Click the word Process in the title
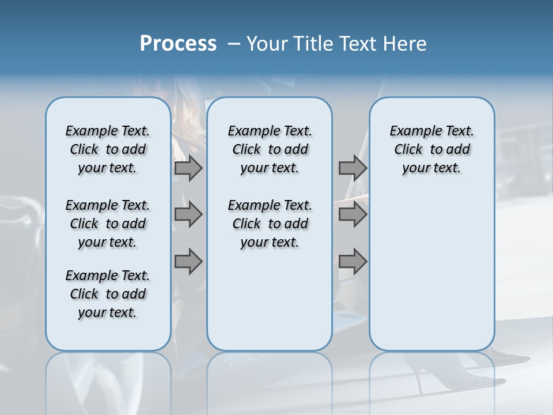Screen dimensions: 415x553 (x=178, y=44)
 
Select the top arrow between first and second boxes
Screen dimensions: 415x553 (x=188, y=168)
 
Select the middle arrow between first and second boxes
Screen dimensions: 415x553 (x=188, y=214)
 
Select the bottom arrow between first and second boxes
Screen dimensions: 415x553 (x=188, y=261)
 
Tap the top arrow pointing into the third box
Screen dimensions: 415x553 (x=353, y=168)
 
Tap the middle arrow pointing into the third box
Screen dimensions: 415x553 (x=353, y=214)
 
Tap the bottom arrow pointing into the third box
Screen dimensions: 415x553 (x=353, y=261)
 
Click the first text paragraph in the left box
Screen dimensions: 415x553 (x=108, y=149)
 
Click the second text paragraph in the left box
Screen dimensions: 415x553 (x=108, y=224)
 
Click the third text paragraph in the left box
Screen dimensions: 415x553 (x=108, y=294)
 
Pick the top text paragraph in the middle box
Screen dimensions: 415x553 (x=270, y=149)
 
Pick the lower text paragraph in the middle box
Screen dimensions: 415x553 (x=270, y=224)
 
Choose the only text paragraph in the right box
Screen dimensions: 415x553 (x=431, y=149)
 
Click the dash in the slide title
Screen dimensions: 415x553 (x=234, y=44)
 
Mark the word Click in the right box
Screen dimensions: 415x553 (x=408, y=150)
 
